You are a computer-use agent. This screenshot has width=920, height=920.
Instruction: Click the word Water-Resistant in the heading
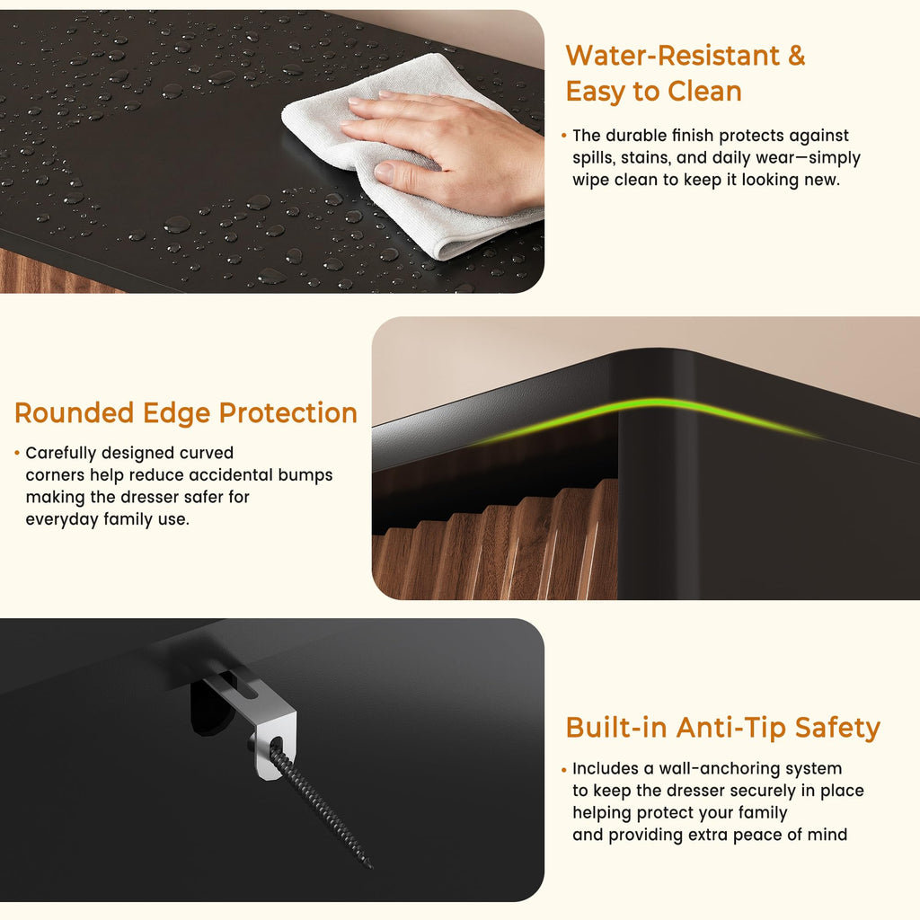tap(672, 57)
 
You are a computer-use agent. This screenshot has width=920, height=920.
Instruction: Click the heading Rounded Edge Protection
tap(186, 413)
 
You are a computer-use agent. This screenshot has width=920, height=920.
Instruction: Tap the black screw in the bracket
tap(320, 804)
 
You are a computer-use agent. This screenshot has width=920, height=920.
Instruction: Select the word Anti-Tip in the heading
tap(730, 728)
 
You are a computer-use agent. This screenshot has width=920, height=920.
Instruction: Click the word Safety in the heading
tap(838, 729)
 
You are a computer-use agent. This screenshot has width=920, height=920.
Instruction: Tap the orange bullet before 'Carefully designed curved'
tap(17, 453)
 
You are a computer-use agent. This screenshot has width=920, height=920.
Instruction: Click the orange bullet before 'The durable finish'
tap(564, 136)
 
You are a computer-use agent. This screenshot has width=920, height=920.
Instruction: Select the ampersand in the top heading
tap(797, 57)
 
